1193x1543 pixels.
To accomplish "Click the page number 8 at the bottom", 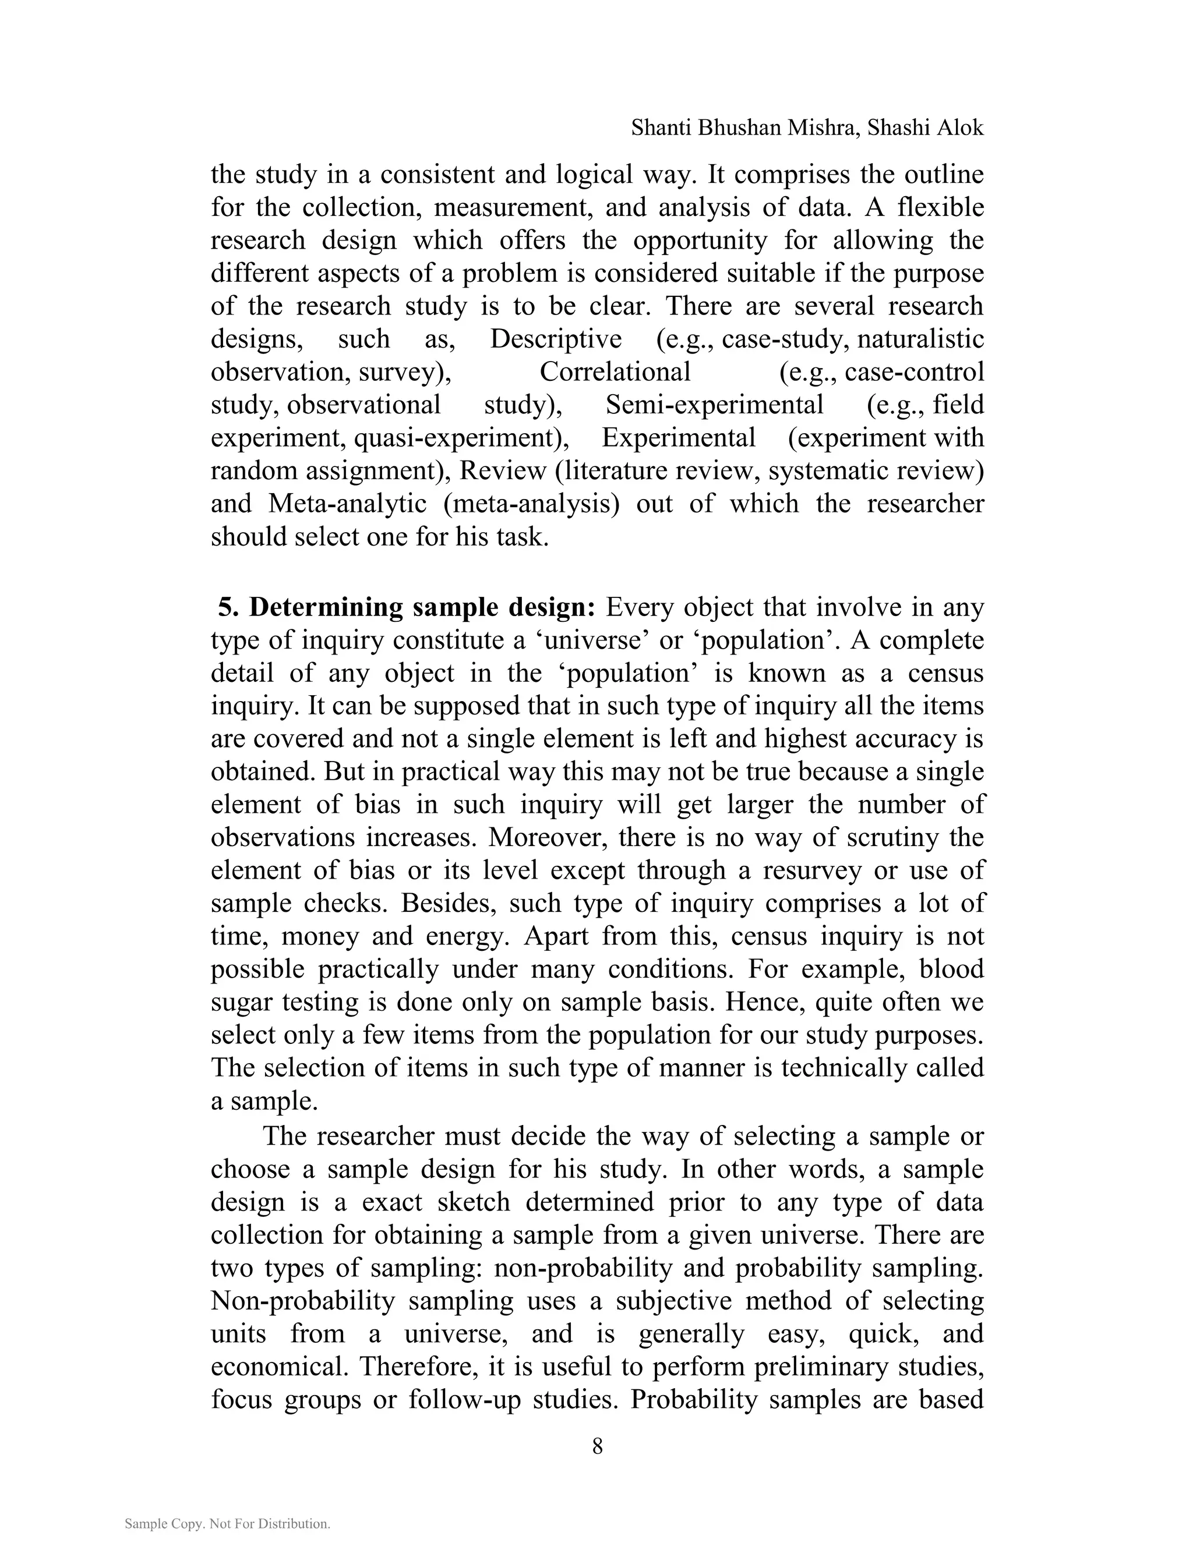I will point(597,1446).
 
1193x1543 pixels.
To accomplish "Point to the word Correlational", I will point(615,372).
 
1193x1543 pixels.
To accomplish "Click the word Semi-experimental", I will point(715,405).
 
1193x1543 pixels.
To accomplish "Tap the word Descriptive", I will point(556,339).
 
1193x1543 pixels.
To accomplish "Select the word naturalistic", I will point(920,339).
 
